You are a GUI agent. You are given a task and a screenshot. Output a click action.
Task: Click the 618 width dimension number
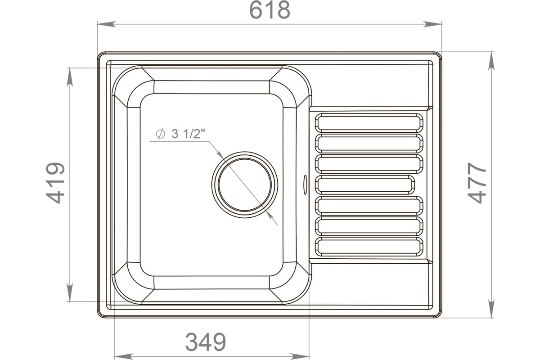(x=270, y=10)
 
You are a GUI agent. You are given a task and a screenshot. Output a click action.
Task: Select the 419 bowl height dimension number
(x=55, y=183)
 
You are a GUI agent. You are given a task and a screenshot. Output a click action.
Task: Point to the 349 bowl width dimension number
(x=206, y=342)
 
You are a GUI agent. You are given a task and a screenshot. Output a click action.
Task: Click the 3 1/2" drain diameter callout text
(x=188, y=134)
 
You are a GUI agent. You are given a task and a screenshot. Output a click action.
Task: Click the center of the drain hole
(x=245, y=184)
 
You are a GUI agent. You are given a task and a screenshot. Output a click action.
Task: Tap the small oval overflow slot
(x=305, y=184)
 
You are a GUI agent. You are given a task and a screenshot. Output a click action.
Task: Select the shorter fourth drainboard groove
(x=365, y=185)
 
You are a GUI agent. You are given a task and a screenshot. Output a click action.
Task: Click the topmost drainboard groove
(x=369, y=123)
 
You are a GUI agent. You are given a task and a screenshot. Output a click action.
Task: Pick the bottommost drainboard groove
(x=369, y=247)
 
